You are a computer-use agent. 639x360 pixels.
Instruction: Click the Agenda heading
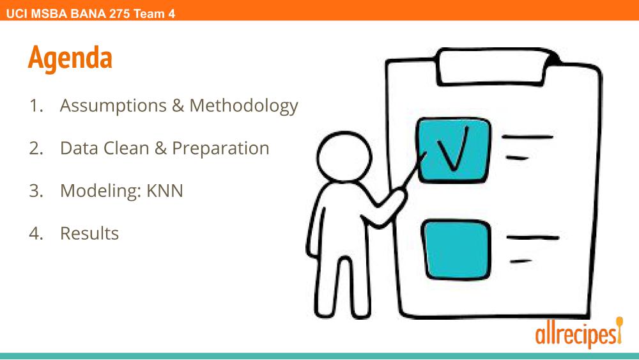pos(70,59)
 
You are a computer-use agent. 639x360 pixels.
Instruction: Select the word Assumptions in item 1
pos(113,106)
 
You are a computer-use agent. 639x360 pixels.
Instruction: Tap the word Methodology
pos(243,106)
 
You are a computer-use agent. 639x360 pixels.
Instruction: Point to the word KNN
pos(165,191)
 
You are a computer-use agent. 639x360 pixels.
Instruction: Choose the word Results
pos(89,233)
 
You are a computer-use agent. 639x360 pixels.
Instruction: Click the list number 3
pos(36,191)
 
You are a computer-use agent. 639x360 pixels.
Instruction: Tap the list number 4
pos(36,233)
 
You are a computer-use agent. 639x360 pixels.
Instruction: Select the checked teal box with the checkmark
pos(453,150)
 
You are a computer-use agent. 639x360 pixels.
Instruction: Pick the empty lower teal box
pos(456,249)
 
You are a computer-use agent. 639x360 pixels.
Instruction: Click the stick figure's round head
pos(344,157)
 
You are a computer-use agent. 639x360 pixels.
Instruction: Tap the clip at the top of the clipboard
pos(495,67)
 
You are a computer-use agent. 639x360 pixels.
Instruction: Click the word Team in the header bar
pos(149,14)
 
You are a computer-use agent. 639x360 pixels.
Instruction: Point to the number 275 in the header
pos(119,14)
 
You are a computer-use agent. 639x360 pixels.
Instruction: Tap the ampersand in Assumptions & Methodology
pos(178,106)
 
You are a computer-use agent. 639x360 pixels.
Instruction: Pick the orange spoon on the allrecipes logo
pos(619,329)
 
